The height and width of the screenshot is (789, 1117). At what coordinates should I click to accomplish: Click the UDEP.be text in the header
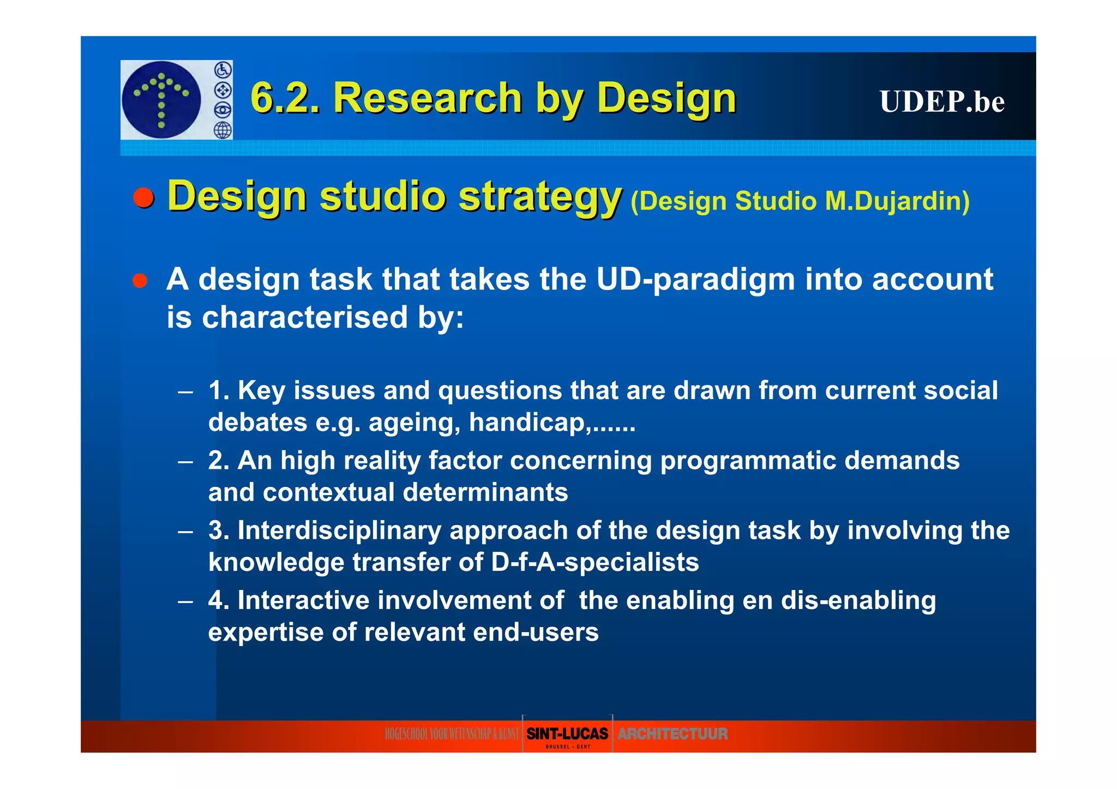[x=941, y=101]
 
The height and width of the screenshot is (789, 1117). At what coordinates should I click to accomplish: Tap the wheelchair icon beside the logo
[x=223, y=70]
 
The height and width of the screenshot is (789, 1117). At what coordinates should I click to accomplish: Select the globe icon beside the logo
[x=223, y=130]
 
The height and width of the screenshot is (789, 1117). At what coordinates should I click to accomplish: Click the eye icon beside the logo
[x=223, y=110]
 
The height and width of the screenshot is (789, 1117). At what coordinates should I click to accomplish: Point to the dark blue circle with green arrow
[x=161, y=100]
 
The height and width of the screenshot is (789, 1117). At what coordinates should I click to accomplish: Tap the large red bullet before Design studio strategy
[x=144, y=197]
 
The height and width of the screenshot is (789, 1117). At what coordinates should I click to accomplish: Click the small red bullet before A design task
[x=140, y=281]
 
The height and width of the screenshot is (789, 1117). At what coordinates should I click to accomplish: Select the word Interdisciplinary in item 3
[x=339, y=531]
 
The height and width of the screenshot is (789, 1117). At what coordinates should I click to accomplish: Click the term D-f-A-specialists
[x=594, y=563]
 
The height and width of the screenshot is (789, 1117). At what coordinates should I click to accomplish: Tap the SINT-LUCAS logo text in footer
[x=567, y=734]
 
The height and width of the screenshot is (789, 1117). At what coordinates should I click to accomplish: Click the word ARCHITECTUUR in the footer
[x=672, y=734]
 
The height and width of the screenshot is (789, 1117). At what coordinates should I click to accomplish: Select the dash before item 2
[x=185, y=462]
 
